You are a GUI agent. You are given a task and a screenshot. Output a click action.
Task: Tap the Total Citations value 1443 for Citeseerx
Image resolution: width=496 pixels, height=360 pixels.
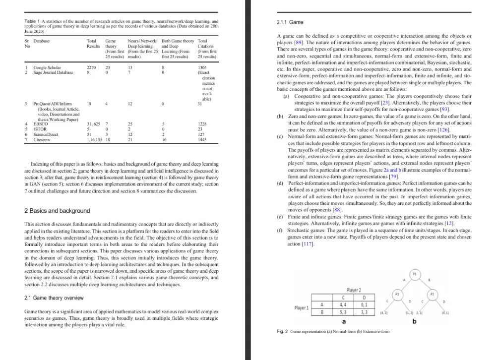(x=202, y=140)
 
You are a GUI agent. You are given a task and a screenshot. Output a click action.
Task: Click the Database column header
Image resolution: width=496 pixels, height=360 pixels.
(x=42, y=41)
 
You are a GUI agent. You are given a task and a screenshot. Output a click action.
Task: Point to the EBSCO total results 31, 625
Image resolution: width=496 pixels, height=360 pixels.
(x=94, y=123)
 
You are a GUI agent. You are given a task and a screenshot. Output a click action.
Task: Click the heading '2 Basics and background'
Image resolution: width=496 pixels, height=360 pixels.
(x=57, y=210)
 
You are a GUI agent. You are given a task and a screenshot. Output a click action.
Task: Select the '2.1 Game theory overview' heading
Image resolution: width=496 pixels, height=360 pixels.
(x=54, y=298)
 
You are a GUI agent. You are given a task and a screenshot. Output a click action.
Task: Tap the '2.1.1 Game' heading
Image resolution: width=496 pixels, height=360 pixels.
(x=290, y=22)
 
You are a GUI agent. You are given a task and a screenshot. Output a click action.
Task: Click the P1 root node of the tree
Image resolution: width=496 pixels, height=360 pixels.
(x=414, y=273)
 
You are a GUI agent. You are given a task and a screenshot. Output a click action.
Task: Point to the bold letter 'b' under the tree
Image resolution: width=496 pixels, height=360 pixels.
(x=415, y=321)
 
